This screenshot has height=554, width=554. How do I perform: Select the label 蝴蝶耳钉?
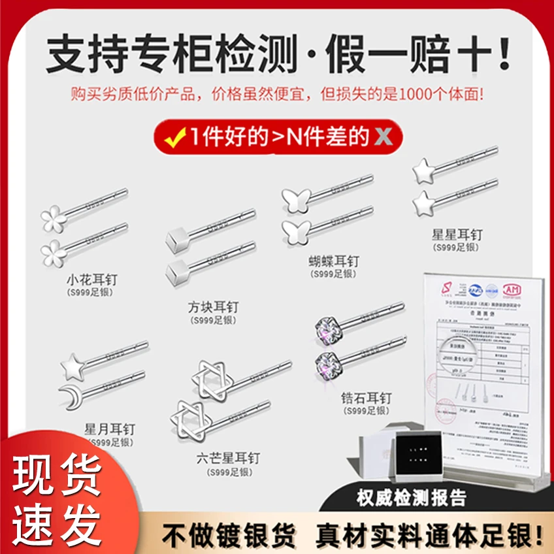pyautogui.click(x=334, y=262)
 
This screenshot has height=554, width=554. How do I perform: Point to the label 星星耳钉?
pyautogui.click(x=457, y=234)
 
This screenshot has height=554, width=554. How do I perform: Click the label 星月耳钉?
pyautogui.click(x=109, y=429)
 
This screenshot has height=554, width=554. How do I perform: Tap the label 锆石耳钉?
pyautogui.click(x=366, y=398)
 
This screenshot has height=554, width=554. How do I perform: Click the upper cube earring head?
pyautogui.click(x=176, y=236)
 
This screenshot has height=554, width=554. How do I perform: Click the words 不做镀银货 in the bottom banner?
pyautogui.click(x=229, y=536)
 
